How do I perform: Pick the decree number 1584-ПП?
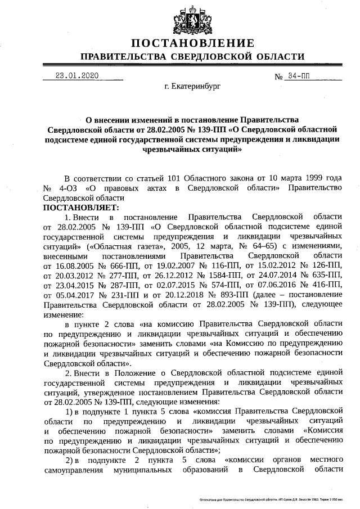(x=225, y=276)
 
